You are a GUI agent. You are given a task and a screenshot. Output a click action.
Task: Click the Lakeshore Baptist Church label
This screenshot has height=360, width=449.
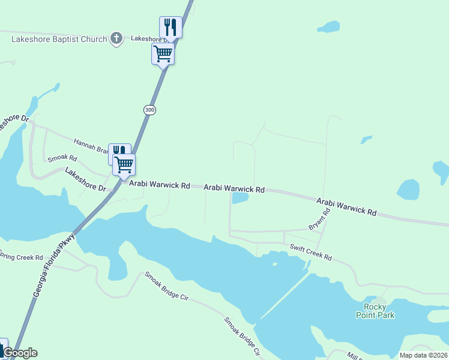pos(59,39)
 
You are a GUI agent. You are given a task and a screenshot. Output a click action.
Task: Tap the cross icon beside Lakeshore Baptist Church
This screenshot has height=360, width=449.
pos(117,39)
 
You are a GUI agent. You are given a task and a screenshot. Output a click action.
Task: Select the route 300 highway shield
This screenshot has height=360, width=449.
pos(149,110)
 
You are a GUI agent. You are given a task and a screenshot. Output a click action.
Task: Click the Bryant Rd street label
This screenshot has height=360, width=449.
pos(319,220)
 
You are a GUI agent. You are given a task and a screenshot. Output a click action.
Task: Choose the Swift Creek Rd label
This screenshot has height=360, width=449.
pos(311,252)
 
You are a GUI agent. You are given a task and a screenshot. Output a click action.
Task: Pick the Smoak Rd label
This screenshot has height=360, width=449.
pos(62,159)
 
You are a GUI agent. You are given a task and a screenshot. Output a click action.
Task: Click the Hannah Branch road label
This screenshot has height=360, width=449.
pos(90,145)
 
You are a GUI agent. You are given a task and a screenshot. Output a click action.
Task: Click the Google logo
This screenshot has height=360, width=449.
pos(20,353)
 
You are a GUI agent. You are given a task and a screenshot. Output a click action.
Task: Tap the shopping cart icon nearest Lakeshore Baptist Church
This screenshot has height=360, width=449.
pos(163,54)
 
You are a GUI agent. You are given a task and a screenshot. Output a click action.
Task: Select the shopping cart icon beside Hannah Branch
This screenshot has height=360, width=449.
pos(124,164)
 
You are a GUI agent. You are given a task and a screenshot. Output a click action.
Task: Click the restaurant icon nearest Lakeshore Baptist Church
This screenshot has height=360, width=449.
pos(170,27)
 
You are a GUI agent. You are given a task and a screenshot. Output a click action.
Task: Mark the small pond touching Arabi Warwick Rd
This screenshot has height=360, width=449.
pos(240,198)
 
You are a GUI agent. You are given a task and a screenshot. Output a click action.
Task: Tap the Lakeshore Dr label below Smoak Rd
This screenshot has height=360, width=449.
pos(85,180)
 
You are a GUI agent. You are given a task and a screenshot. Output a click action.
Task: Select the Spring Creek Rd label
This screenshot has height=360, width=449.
pos(22,257)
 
